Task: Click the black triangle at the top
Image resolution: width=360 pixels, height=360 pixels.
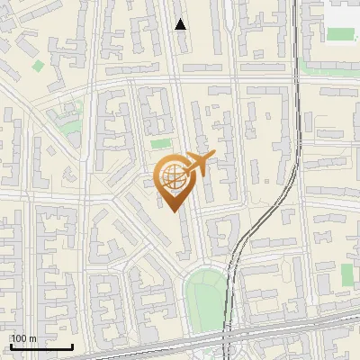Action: [181, 24]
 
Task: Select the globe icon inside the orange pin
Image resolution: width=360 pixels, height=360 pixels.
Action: [170, 177]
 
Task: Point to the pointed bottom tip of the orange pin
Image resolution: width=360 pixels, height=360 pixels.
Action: [175, 210]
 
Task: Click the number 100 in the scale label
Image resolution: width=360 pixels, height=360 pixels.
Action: [20, 338]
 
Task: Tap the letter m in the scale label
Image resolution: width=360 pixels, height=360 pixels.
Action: [33, 338]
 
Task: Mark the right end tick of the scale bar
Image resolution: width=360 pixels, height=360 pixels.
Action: [72, 345]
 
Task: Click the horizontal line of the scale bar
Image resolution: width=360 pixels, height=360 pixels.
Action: [40, 346]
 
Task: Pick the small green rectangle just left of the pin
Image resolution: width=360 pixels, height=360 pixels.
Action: [160, 143]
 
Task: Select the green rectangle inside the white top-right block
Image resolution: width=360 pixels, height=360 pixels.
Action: [340, 34]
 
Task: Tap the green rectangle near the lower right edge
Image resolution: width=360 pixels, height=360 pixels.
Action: [347, 274]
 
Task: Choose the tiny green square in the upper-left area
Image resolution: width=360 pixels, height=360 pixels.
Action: [38, 66]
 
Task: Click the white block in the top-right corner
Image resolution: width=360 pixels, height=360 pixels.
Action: [342, 13]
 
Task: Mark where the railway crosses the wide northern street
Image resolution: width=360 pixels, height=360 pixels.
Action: [296, 80]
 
